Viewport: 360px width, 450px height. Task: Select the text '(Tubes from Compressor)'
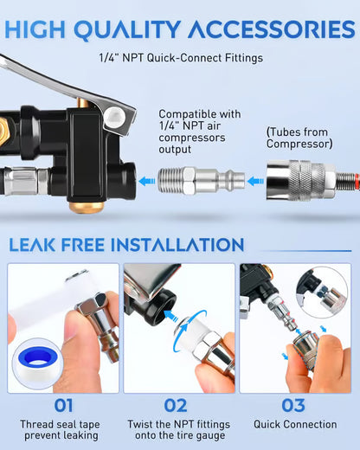pyautogui.click(x=298, y=139)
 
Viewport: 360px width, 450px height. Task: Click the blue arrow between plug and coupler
pyautogui.click(x=254, y=181)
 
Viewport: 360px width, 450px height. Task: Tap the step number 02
pyautogui.click(x=177, y=405)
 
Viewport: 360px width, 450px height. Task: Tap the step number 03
pyautogui.click(x=294, y=405)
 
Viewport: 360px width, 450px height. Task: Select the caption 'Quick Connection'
pyautogui.click(x=295, y=425)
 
